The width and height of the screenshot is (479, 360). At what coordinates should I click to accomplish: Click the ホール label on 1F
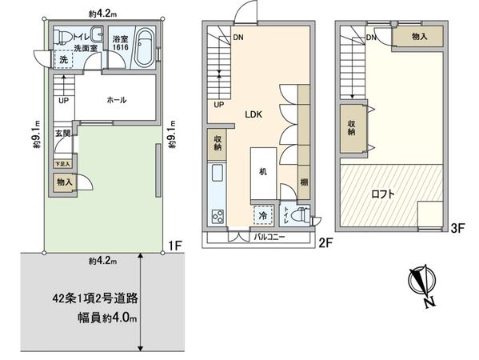tap(118, 100)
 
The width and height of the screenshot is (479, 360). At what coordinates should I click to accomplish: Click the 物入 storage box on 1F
tap(64, 182)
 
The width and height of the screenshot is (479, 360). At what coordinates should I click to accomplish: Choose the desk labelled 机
tap(262, 171)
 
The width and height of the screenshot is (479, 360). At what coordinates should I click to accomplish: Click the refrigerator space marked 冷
tap(261, 214)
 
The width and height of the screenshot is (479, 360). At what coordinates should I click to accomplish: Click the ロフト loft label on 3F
tap(370, 192)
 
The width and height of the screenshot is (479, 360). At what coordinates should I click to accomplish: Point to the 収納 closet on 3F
tap(353, 129)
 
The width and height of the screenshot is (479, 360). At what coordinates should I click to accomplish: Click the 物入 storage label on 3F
tap(420, 37)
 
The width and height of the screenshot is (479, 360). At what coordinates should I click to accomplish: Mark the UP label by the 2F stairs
tap(218, 104)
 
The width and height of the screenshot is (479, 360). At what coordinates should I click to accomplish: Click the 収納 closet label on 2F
tap(218, 145)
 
